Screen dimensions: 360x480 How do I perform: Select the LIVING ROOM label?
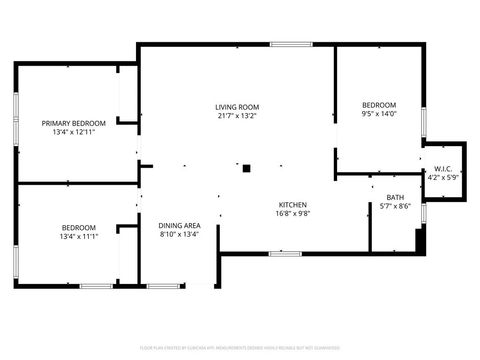click(x=237, y=107)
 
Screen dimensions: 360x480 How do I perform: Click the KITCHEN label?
click(x=292, y=203)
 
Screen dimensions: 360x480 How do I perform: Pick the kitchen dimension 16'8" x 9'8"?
click(x=292, y=213)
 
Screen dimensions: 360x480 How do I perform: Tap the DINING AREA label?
click(x=180, y=225)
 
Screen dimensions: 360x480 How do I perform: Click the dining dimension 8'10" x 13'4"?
click(x=180, y=235)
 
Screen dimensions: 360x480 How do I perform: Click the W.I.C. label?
click(x=442, y=169)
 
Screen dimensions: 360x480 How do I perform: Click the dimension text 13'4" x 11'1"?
click(x=78, y=238)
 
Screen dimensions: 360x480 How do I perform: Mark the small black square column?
click(x=246, y=168)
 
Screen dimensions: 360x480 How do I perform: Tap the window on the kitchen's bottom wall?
click(x=284, y=253)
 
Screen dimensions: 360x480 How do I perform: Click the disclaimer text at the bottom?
click(x=240, y=347)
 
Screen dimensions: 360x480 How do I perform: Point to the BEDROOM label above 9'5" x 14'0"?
click(x=379, y=105)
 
